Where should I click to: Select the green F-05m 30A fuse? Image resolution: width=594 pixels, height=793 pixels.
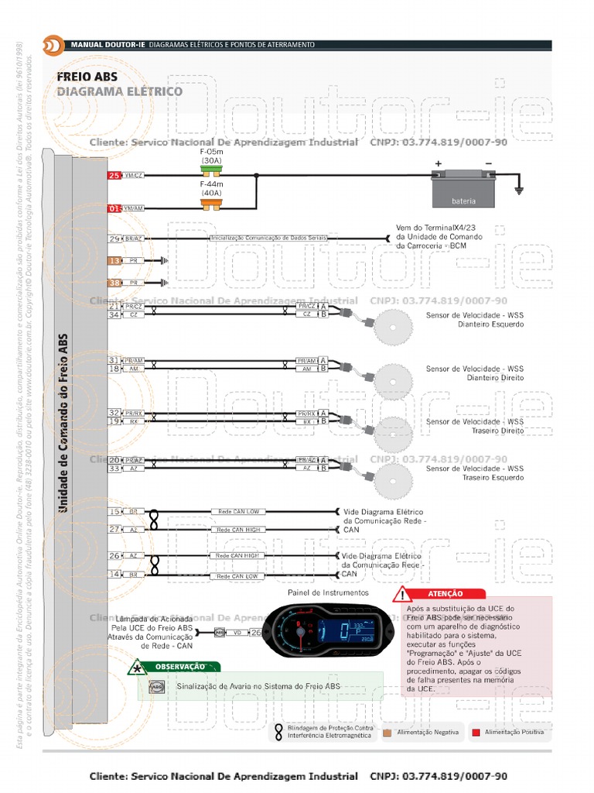(210, 169)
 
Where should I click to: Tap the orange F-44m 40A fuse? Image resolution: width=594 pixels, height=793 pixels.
(210, 203)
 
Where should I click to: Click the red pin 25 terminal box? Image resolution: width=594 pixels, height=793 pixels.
(114, 176)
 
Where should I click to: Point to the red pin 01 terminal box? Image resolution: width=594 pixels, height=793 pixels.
(114, 208)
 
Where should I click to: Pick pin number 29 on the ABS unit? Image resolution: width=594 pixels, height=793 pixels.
(114, 239)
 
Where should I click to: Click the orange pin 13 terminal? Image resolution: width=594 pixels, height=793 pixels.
(114, 261)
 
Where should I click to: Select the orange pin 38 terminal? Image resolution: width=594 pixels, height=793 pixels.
(114, 283)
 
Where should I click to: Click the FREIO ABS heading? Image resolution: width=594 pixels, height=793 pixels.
(87, 77)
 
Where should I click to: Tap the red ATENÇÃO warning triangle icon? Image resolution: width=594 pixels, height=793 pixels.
(402, 594)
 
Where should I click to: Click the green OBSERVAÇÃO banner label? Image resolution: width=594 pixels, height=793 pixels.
(179, 666)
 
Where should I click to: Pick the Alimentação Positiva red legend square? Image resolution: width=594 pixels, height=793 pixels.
(476, 732)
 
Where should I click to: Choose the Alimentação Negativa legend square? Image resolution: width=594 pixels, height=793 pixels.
(387, 732)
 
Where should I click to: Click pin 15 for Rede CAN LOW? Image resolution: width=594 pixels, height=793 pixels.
(114, 512)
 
